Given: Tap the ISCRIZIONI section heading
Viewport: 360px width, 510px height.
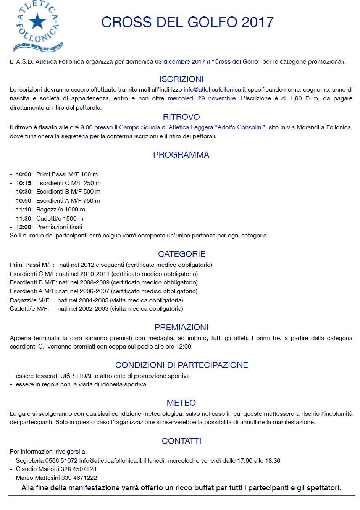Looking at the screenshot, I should click(x=181, y=79).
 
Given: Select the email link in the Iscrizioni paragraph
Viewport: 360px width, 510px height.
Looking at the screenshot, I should click(x=215, y=90).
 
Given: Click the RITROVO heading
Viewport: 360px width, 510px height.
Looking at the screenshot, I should click(x=181, y=117).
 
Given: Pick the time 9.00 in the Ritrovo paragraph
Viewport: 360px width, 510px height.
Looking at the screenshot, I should click(x=87, y=127).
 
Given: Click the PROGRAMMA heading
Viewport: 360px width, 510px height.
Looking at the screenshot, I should click(x=181, y=155).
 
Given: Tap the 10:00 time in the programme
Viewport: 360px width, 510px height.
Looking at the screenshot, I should click(x=24, y=174).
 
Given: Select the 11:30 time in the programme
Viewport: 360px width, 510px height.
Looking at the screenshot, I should click(x=24, y=219).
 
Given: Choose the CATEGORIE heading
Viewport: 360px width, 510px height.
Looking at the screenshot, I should click(x=181, y=254).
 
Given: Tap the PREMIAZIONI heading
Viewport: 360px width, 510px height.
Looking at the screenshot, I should click(x=181, y=327).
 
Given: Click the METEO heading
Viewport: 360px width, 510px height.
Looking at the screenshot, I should click(x=181, y=403).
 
